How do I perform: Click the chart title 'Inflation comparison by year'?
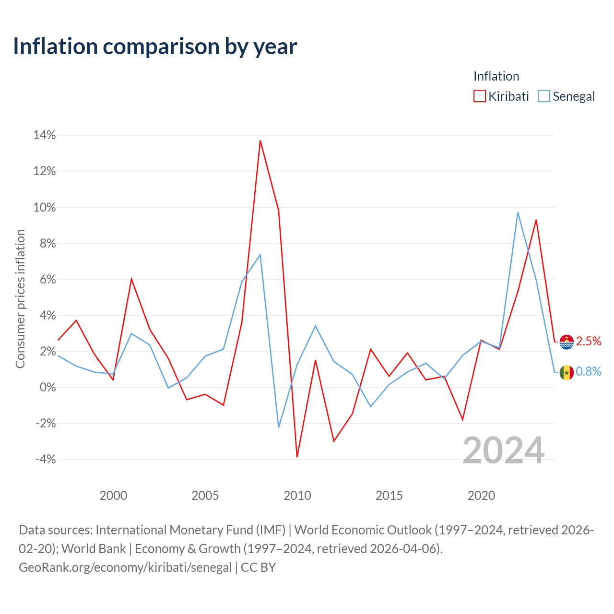point(155,47)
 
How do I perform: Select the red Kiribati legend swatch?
point(479,96)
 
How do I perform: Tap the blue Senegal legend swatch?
point(543,96)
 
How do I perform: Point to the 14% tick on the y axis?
point(45,135)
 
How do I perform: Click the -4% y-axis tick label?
point(46,459)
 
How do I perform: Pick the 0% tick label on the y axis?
point(48,387)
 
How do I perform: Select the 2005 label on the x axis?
point(205,496)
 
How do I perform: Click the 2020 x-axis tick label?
point(481,496)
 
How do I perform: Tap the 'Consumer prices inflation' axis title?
point(20,298)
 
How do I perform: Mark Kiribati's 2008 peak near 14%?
point(260,141)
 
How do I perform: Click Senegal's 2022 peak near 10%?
point(518,213)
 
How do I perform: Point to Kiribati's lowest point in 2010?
point(297,457)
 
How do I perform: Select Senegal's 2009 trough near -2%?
point(279,427)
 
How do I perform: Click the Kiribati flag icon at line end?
point(567,342)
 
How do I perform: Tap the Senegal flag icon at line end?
point(567,372)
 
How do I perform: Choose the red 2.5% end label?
point(589,341)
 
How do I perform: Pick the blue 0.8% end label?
point(589,371)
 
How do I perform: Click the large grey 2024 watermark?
point(504,450)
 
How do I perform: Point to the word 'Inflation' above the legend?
point(496,76)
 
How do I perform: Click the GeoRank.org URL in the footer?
point(125,567)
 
